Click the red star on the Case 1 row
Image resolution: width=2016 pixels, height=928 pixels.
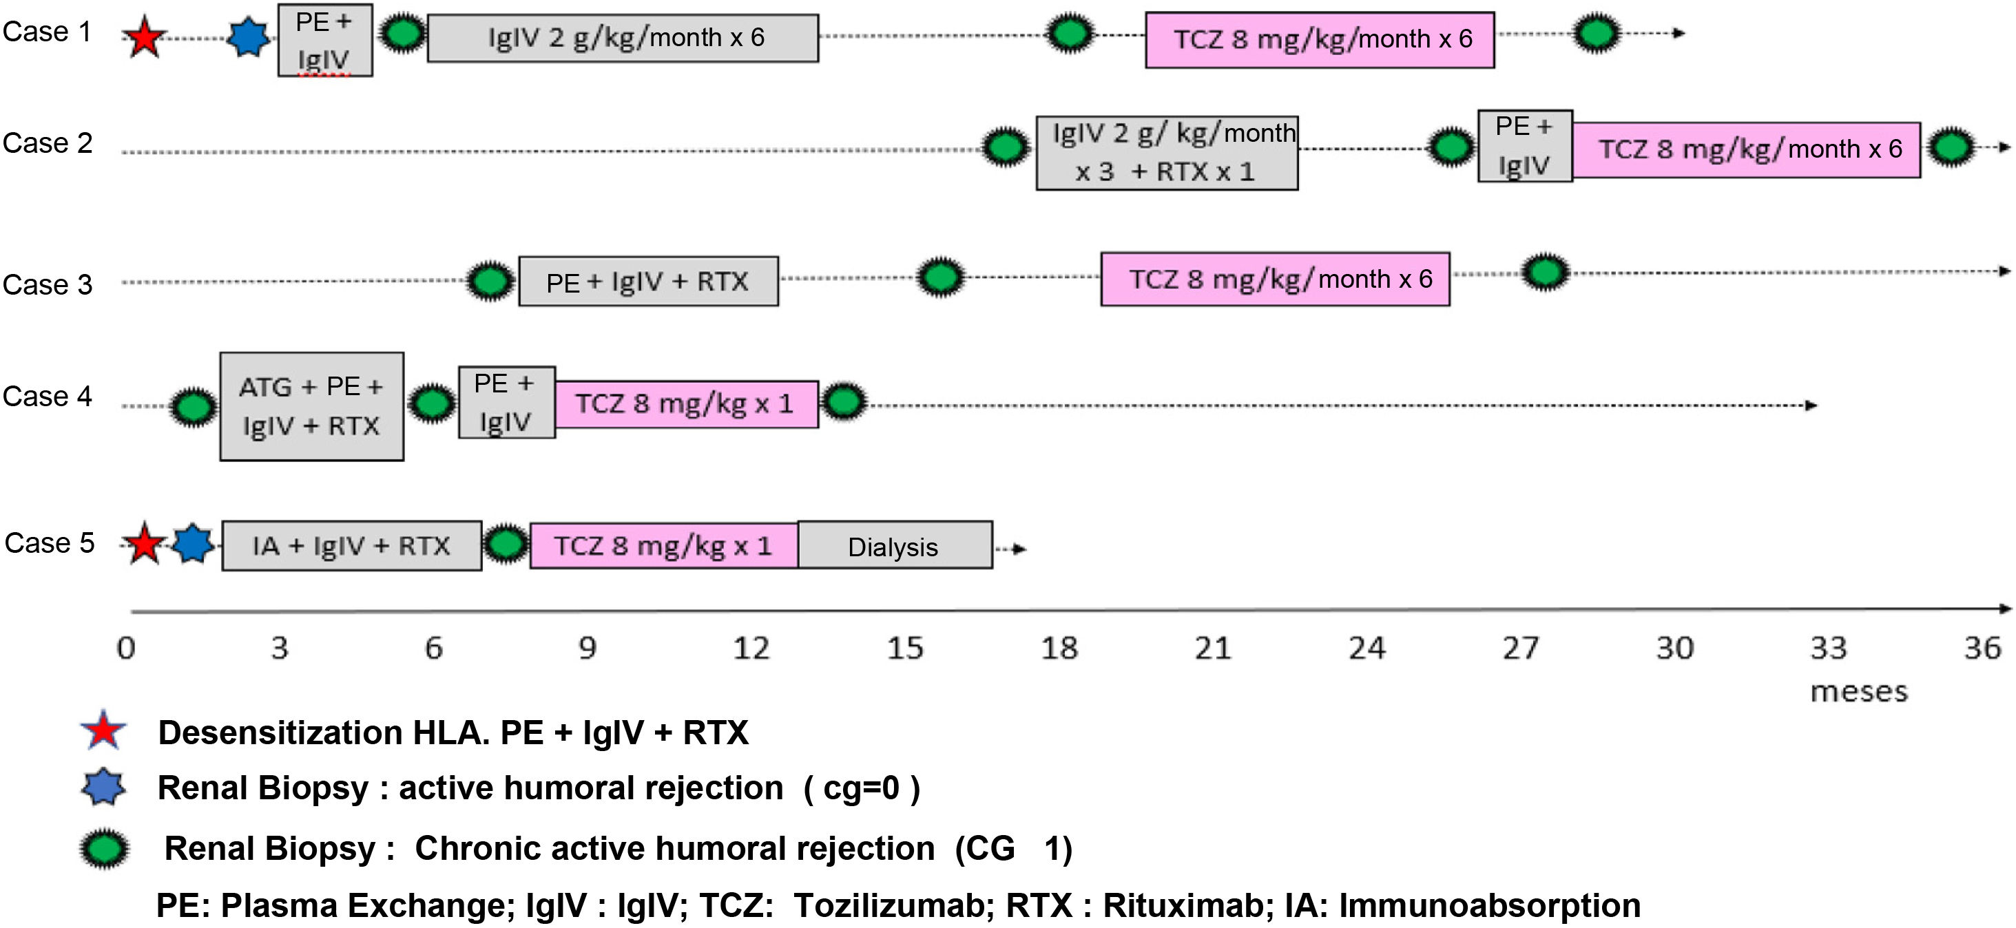(145, 36)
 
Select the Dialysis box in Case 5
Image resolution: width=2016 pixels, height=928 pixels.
(895, 545)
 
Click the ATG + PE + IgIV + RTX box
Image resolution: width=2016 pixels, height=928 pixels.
(311, 406)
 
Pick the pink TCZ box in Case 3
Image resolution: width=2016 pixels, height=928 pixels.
(1275, 280)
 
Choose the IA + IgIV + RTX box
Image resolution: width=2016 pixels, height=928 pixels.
(351, 545)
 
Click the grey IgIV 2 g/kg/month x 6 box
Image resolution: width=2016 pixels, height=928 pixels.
(623, 38)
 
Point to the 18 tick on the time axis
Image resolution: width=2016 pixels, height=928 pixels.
(1059, 648)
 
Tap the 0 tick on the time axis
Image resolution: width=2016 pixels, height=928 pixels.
(126, 648)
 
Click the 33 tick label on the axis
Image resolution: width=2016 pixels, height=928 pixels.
(1828, 648)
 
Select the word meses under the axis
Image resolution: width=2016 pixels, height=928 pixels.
(1860, 692)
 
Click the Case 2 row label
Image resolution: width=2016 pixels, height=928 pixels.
(48, 143)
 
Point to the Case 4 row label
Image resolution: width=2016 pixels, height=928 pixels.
(48, 396)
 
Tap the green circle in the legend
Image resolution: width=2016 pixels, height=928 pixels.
(105, 849)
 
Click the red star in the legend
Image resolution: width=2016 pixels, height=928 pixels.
(103, 731)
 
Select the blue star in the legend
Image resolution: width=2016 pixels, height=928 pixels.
(103, 787)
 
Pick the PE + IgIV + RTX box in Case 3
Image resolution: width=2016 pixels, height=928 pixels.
(648, 281)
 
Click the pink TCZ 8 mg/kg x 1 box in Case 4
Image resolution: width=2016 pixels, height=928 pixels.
(686, 403)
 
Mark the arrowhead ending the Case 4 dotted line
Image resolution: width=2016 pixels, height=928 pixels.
(1810, 405)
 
